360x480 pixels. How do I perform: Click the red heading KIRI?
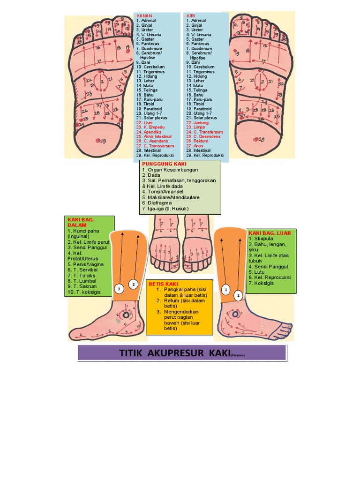pos(191,16)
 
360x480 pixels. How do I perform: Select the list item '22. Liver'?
pos(146,122)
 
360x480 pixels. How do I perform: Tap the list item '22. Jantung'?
pos(198,122)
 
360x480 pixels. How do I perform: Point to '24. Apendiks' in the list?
pos(150,132)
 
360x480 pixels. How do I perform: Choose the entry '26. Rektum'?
pos(197,141)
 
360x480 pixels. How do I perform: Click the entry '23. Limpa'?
pos(195,127)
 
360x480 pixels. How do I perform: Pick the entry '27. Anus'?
pos(195,146)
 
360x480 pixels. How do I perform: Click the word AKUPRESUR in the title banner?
pos(170,353)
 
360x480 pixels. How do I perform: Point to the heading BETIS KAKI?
pos(163,284)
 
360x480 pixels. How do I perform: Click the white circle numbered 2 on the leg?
pos(133,285)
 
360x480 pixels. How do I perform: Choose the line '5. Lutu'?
pos(257,271)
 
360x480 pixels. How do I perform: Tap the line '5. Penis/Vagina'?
pos(86,264)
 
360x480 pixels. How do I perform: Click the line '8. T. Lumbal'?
pos(82,281)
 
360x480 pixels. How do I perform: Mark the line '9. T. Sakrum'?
pos(82,286)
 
